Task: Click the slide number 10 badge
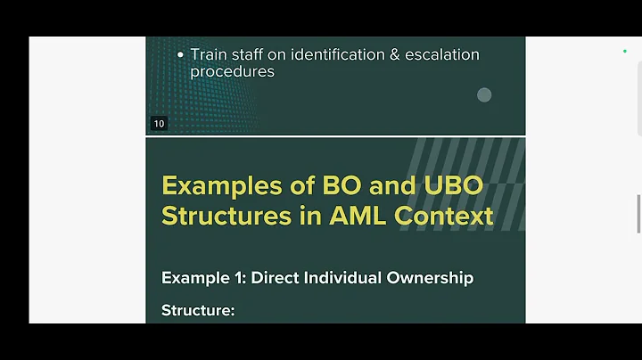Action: coord(159,124)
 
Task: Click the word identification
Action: coord(331,54)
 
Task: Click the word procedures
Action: coord(232,71)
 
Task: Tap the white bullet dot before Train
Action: coord(181,55)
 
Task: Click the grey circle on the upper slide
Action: coord(484,94)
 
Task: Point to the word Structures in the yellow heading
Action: coord(223,216)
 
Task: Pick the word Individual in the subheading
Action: coord(343,278)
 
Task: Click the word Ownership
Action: coord(430,278)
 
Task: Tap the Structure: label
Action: coord(198,310)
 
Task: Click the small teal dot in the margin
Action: coord(625,52)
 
